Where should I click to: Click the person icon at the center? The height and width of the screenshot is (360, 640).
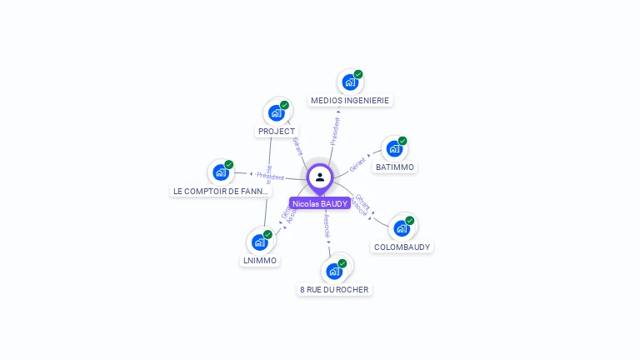point(320,177)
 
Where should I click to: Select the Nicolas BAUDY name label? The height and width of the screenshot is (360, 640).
point(320,203)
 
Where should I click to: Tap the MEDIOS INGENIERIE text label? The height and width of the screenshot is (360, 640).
point(350,101)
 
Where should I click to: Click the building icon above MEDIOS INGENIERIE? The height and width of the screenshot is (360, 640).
point(350,82)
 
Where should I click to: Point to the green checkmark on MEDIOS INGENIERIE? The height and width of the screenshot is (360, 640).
point(358,74)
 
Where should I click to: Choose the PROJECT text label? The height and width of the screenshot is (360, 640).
point(277,132)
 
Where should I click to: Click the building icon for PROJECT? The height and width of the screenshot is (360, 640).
point(276,113)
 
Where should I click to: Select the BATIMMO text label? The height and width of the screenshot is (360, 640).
point(395,167)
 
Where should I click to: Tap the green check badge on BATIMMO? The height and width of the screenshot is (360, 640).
point(402,141)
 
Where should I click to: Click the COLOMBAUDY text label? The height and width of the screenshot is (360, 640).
point(402,247)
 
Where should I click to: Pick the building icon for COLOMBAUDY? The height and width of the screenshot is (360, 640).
point(402,228)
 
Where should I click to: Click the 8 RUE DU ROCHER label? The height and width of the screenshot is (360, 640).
point(334,290)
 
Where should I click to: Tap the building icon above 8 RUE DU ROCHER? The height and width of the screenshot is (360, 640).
point(334,271)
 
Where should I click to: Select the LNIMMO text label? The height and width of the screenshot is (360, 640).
point(259,261)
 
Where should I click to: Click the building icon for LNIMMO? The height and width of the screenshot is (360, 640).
point(259,242)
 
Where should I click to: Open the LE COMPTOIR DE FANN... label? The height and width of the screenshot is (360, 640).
point(221,192)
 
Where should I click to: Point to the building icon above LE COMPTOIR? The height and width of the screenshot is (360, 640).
point(221,172)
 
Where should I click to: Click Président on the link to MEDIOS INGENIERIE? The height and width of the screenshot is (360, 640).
point(335,131)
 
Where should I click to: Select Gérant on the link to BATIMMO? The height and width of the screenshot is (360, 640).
point(358,162)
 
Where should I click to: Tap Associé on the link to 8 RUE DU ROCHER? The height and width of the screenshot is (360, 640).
point(327,226)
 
